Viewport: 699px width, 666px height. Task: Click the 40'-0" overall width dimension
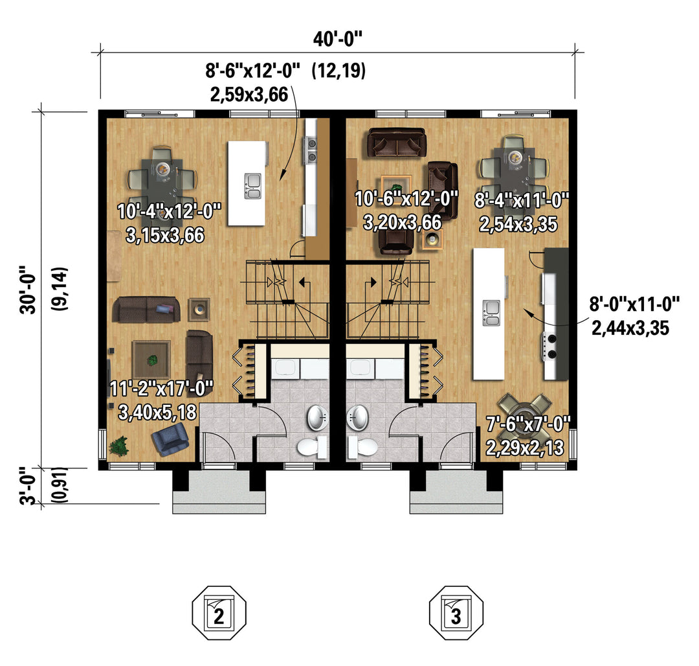[x=337, y=40]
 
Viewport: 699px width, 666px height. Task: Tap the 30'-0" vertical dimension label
[x=28, y=290]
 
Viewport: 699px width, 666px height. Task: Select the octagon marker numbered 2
[x=219, y=613]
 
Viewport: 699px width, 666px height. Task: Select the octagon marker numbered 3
[x=456, y=613]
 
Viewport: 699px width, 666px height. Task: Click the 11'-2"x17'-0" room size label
[x=161, y=389]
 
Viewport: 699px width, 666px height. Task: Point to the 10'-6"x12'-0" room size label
[x=406, y=198]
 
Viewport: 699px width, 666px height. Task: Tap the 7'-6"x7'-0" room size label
[x=528, y=424]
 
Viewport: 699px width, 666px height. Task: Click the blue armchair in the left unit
[x=170, y=439]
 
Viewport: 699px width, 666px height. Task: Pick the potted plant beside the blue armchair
[x=119, y=446]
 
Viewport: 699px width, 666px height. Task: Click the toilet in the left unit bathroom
[x=313, y=448]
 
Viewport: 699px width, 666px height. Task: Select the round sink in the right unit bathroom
[x=357, y=418]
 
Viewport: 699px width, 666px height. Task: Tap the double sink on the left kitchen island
[x=252, y=186]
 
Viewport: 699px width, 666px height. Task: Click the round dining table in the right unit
[x=525, y=409]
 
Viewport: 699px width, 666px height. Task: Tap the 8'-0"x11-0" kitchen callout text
[x=634, y=304]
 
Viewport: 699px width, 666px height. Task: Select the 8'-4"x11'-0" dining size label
[x=522, y=200]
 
